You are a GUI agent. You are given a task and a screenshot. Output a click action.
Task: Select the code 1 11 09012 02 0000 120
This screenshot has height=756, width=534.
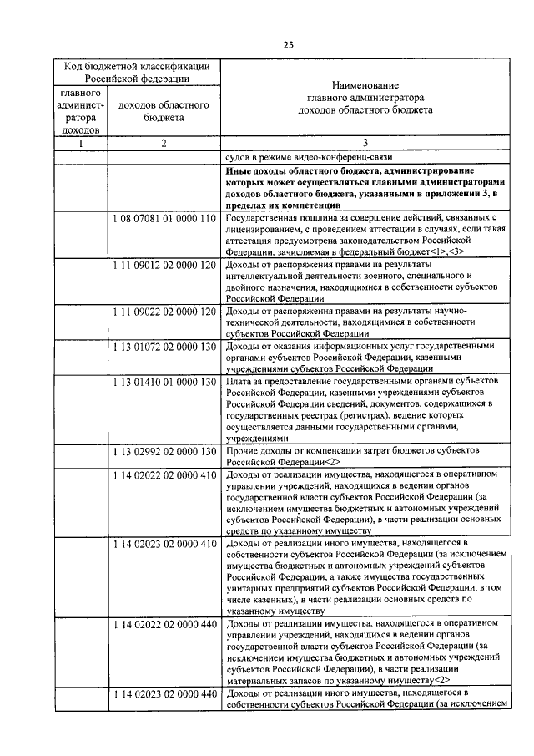[164, 265]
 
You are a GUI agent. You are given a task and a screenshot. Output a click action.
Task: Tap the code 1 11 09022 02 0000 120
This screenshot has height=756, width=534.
[164, 312]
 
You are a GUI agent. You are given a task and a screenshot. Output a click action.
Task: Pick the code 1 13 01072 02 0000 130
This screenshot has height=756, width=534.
[164, 346]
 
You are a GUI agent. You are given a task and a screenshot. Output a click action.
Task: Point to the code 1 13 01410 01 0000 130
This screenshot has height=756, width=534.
[164, 381]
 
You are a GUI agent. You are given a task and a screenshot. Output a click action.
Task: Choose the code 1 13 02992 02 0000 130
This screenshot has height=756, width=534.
[164, 451]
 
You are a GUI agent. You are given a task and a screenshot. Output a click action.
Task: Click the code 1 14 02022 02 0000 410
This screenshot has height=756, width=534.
[164, 474]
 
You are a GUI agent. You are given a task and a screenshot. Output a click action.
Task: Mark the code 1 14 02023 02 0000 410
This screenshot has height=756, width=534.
[164, 545]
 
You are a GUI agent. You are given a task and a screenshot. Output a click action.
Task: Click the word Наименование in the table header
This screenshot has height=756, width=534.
[365, 86]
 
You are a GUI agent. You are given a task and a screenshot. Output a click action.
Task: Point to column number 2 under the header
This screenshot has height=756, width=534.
[164, 143]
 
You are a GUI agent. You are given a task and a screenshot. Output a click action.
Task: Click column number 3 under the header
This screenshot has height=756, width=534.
[365, 143]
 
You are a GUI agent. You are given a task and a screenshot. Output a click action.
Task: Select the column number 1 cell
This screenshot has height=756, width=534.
[81, 143]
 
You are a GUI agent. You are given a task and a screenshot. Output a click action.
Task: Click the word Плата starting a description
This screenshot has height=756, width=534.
[239, 381]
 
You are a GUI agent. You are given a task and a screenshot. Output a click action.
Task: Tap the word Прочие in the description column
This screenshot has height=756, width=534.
[243, 451]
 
